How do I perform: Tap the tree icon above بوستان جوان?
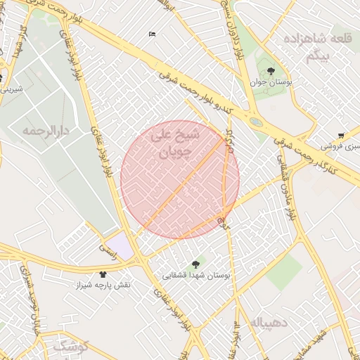click(x=271, y=70)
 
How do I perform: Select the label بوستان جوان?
click(x=271, y=83)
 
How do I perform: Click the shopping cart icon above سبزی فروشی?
click(x=341, y=135)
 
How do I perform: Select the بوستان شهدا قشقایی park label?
click(x=196, y=276)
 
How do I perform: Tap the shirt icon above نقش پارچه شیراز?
click(x=103, y=275)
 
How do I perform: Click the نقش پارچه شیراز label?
click(x=103, y=286)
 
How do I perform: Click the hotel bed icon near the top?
click(x=153, y=34)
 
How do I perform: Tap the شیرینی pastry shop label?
click(x=12, y=89)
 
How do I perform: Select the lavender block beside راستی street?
click(x=119, y=245)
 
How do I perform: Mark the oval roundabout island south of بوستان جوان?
click(x=255, y=122)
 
